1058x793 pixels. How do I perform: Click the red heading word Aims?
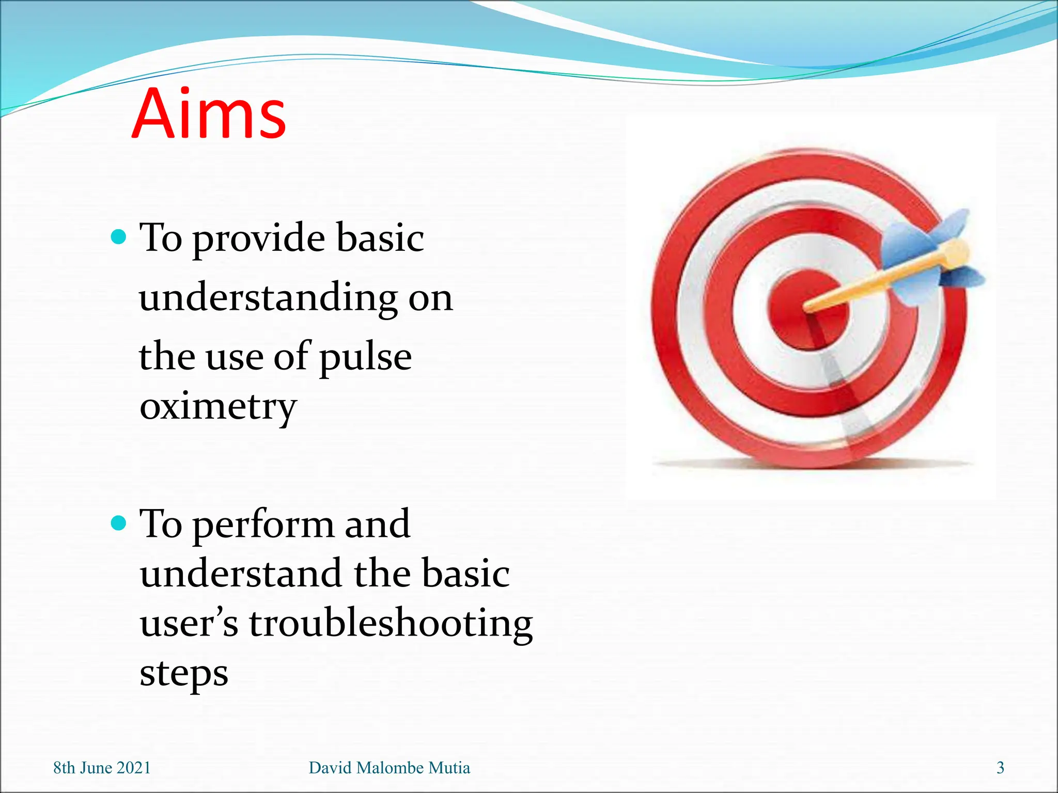pos(209,115)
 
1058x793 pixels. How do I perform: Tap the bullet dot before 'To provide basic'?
pos(119,237)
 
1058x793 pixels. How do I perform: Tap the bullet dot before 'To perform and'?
pos(119,524)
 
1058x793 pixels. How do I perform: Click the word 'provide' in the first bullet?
pos(259,240)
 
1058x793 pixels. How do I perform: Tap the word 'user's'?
pos(189,624)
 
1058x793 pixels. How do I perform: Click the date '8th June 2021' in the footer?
pos(102,768)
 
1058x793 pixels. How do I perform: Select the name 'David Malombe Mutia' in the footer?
pos(389,768)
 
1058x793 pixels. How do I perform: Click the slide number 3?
pos(1000,768)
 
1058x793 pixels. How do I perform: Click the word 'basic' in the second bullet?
pos(465,575)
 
